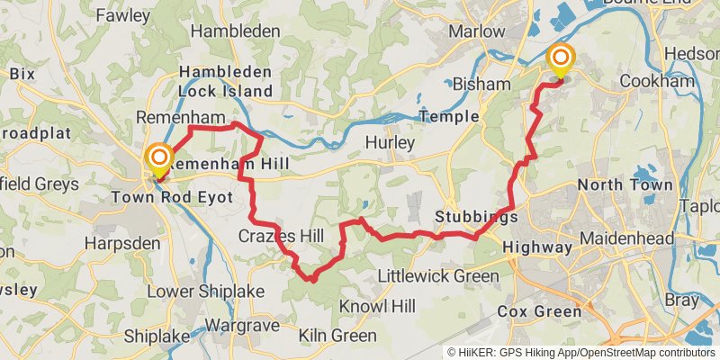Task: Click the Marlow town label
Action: (x=477, y=31)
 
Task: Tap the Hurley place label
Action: (x=390, y=143)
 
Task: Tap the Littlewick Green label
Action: (x=437, y=276)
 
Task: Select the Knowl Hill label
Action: (x=376, y=307)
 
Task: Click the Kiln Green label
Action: (x=341, y=336)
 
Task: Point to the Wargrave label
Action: (x=240, y=324)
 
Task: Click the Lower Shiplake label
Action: (x=193, y=292)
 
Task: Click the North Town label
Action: (x=625, y=185)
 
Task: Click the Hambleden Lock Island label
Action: (x=225, y=81)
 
